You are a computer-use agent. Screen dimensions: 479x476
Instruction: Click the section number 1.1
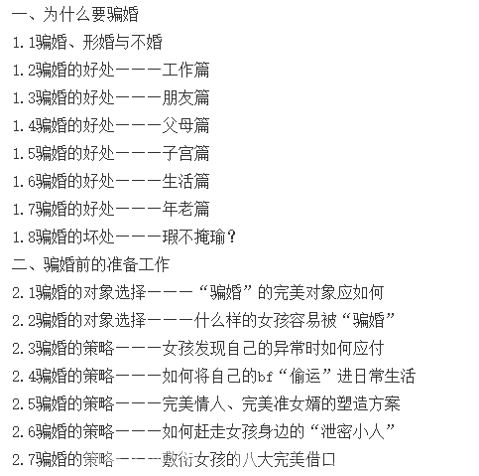coord(24,43)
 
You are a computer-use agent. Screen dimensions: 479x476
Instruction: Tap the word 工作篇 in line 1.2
coord(185,71)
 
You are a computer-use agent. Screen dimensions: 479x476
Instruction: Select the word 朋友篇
coord(185,98)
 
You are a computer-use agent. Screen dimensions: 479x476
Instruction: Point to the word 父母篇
coord(185,126)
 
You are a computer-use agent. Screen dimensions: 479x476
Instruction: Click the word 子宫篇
coord(185,154)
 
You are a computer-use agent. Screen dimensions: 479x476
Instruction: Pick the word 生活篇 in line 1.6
coord(185,182)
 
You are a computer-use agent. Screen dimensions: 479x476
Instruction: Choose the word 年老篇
coord(185,210)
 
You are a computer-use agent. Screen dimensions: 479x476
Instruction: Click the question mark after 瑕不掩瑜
coord(232,238)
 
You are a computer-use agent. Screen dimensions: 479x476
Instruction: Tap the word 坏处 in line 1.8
coord(98,238)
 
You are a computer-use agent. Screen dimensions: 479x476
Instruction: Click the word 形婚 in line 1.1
coord(98,43)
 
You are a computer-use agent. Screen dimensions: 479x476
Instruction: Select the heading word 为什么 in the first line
coord(66,15)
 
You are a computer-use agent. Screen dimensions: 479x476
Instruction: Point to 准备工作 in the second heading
coord(138,265)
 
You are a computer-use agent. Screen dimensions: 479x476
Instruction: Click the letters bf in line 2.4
coord(265,377)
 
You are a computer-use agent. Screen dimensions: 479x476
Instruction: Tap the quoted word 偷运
coord(305,377)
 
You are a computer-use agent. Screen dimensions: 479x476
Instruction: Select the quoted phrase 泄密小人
coord(352,432)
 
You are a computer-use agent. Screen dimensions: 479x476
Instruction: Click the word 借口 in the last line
coord(320,460)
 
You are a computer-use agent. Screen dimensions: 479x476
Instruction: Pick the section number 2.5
coord(24,404)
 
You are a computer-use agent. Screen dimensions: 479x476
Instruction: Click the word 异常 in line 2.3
coord(289,349)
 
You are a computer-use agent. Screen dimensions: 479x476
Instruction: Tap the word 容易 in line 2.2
coord(304,321)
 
